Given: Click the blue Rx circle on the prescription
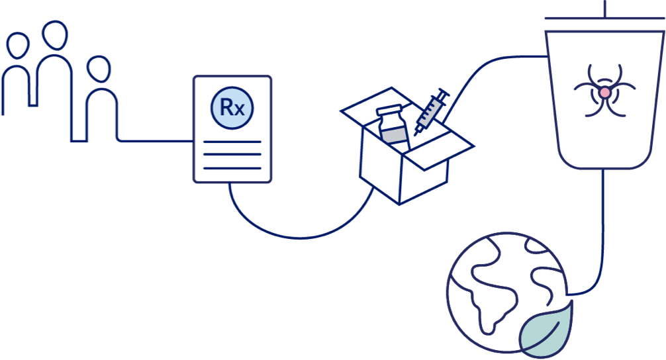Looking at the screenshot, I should (x=232, y=107).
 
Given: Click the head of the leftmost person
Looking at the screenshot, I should (x=18, y=47).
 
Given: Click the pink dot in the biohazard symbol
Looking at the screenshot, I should (x=604, y=93).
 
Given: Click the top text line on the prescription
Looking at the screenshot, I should (x=232, y=142).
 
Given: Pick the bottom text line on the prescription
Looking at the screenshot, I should (x=232, y=168).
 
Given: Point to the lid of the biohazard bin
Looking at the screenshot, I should (x=604, y=19).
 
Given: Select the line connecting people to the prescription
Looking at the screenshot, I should (x=156, y=140).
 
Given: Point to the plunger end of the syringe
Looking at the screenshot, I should (x=445, y=93).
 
